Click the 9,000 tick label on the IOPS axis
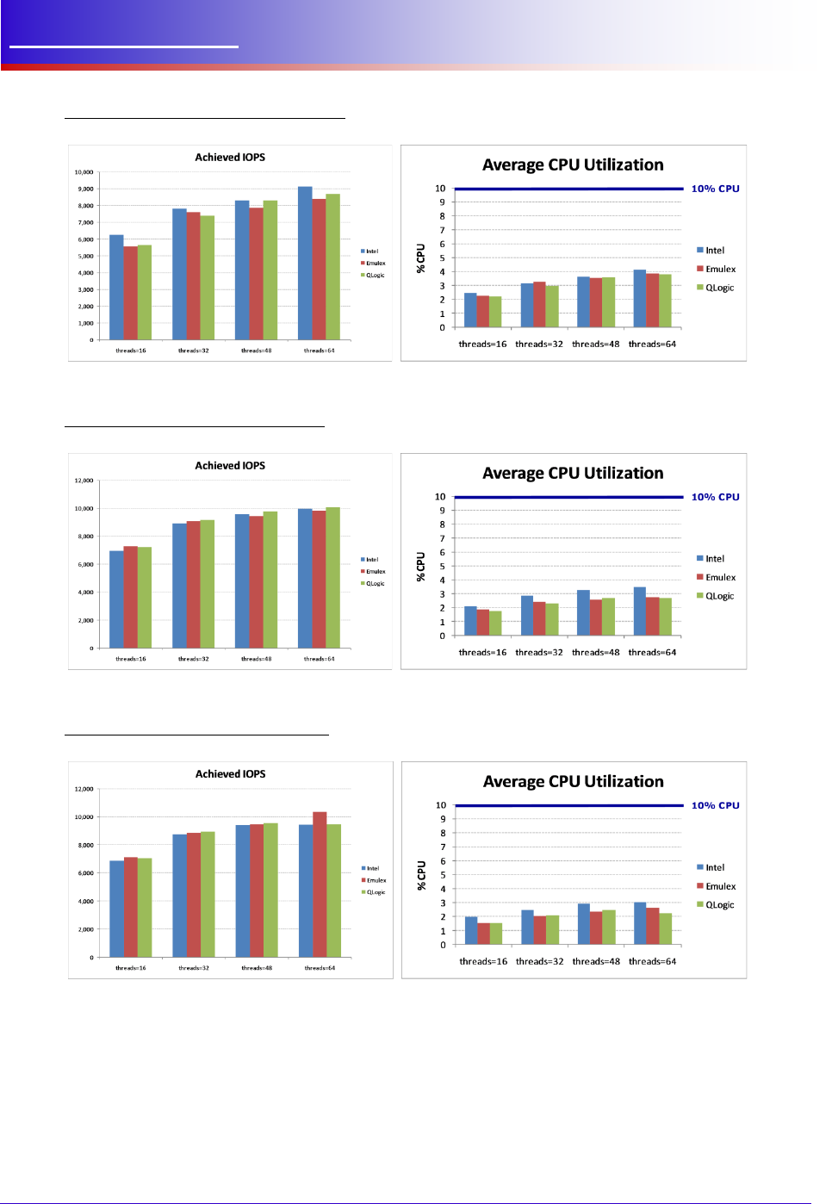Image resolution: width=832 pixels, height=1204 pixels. [85, 189]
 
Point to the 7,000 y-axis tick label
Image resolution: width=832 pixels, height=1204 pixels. [85, 222]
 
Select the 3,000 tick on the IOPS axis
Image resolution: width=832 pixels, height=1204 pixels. [85, 289]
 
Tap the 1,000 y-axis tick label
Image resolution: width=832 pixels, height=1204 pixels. [85, 323]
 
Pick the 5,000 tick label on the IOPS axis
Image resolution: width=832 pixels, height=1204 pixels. [85, 256]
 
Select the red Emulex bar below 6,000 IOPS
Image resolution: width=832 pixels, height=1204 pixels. [130, 293]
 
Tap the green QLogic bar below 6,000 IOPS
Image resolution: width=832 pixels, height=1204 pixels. [144, 292]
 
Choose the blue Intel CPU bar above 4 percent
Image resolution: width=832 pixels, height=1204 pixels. [639, 298]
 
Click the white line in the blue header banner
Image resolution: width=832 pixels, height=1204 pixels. [123, 47]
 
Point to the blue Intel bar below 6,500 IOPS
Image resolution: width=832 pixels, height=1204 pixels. [116, 287]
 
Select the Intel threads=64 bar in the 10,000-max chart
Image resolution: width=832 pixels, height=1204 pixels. [305, 263]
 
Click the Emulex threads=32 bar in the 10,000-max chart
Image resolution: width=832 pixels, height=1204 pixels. [193, 276]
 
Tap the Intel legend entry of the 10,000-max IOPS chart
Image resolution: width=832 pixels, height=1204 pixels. [369, 251]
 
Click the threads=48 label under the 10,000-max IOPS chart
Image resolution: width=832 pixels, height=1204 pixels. [256, 351]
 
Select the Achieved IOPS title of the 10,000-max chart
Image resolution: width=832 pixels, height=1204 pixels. [230, 158]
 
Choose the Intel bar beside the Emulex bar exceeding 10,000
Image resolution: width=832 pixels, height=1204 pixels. [306, 891]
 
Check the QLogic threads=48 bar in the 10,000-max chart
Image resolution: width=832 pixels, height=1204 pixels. [270, 270]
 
